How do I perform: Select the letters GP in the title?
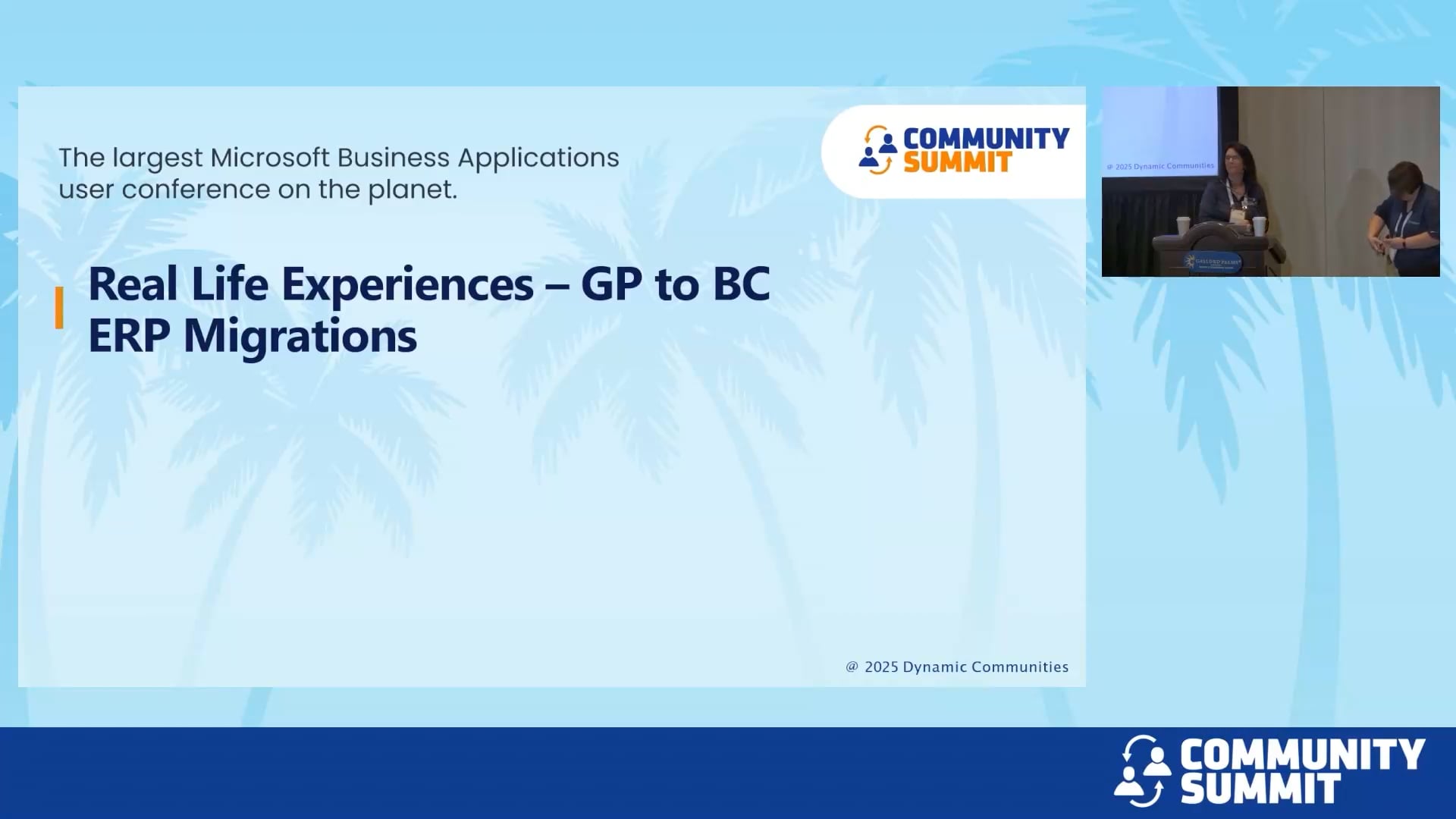tap(611, 285)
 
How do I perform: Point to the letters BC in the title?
tap(741, 285)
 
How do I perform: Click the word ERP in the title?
tap(129, 337)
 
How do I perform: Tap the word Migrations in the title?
tap(300, 337)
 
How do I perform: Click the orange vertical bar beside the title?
tap(59, 308)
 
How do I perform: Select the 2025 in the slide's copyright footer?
tap(881, 667)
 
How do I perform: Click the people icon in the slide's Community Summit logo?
tap(877, 150)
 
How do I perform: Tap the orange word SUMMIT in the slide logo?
tap(957, 163)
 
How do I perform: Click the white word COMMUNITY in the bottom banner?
tap(1302, 755)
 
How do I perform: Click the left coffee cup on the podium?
tap(1183, 226)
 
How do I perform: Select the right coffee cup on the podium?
tap(1259, 226)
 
